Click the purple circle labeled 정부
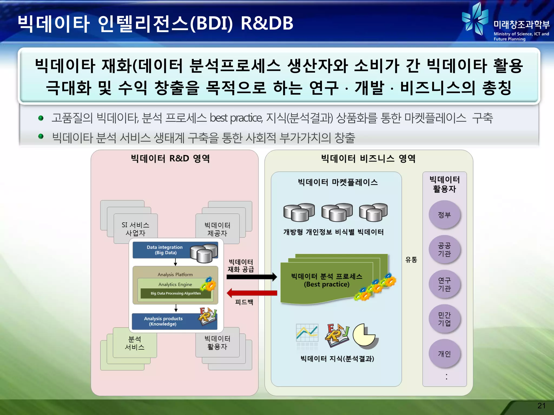tap(444, 215)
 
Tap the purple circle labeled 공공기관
tap(444, 249)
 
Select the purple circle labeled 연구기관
tap(444, 284)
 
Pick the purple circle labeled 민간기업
tap(444, 319)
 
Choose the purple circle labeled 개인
tap(444, 354)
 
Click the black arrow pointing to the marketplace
tap(252, 277)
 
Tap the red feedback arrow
tap(252, 293)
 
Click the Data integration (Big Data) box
tap(165, 250)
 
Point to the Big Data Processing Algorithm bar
tap(176, 293)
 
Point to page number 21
tap(541, 406)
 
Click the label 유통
tap(411, 260)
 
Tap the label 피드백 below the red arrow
tap(244, 302)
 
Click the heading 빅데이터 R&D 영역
tap(170, 159)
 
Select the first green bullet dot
tap(41, 118)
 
